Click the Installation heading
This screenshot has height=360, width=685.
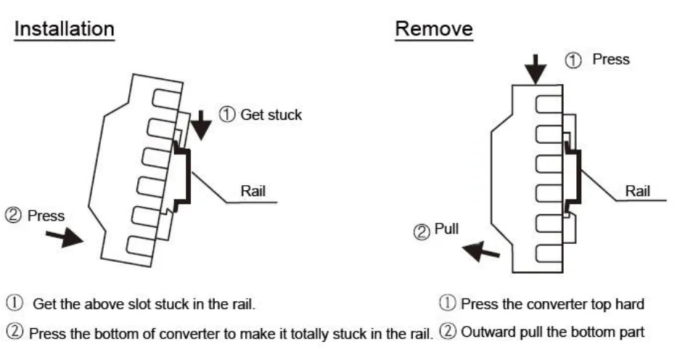click(64, 29)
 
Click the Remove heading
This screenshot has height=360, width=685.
click(434, 29)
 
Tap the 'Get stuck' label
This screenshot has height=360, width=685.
click(271, 115)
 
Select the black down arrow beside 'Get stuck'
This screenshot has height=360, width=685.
click(201, 126)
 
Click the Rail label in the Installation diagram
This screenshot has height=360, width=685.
click(253, 191)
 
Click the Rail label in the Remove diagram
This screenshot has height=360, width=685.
click(637, 191)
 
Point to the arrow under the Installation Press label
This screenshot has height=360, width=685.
click(64, 237)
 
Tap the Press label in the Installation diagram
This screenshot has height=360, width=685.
click(46, 216)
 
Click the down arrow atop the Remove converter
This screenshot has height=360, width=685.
click(536, 70)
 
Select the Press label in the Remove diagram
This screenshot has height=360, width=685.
click(611, 60)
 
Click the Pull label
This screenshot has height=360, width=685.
click(446, 229)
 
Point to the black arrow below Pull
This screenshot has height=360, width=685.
click(480, 251)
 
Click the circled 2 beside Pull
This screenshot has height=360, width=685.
click(422, 232)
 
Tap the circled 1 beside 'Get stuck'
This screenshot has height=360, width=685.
click(227, 115)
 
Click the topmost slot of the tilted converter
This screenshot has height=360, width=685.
click(166, 99)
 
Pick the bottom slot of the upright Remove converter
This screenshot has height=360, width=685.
click(549, 253)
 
